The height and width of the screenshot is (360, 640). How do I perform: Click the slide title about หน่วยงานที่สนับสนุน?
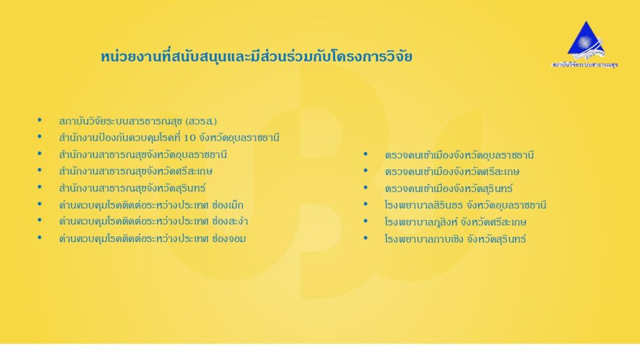(256, 56)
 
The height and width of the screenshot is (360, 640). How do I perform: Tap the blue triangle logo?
(586, 39)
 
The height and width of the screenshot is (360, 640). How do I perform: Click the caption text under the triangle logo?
(585, 64)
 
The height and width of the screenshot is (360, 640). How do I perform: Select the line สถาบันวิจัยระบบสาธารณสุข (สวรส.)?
(138, 121)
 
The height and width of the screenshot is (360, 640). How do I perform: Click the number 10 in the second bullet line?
(190, 138)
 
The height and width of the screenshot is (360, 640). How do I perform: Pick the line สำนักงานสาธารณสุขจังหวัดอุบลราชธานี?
(143, 155)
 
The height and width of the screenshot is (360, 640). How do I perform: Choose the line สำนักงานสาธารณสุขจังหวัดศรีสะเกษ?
(136, 171)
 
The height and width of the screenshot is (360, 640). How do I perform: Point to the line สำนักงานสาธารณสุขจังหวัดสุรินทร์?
(132, 188)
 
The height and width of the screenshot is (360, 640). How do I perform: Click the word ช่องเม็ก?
(227, 204)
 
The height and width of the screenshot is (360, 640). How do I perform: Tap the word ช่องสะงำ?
(230, 221)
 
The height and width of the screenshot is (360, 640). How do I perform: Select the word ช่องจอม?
(229, 238)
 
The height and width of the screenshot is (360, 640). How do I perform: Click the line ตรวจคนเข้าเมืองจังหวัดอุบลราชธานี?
(459, 155)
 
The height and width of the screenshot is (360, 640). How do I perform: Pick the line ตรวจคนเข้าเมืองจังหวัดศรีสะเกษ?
(452, 171)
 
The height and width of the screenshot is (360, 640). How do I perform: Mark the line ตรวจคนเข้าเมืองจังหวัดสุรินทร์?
(449, 189)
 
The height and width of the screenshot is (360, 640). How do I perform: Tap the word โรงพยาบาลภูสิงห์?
(420, 222)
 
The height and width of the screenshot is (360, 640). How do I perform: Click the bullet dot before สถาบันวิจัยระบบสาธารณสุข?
(39, 120)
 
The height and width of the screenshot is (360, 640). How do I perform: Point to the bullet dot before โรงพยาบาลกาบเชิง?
(365, 237)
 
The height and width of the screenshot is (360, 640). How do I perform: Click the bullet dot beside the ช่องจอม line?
(39, 237)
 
